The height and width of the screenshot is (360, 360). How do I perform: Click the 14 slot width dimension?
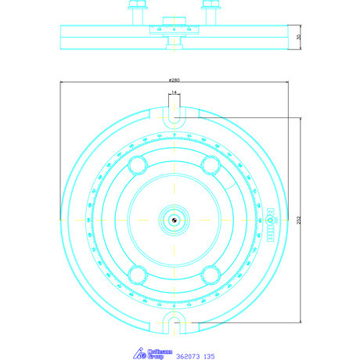coord(174,93)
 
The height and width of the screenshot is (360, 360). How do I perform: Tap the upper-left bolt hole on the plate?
coord(139,164)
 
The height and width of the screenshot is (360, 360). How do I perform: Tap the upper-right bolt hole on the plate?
coord(210,164)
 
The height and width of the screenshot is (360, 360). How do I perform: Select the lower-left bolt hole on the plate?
coord(139,275)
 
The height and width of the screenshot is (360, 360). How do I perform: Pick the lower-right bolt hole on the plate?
coord(210,275)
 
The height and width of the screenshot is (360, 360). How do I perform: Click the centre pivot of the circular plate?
coord(174,220)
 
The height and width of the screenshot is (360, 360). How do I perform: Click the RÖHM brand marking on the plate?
coord(272,220)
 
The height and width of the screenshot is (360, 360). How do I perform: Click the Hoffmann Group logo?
coord(149,354)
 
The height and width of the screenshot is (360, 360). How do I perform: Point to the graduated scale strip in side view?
coord(174,31)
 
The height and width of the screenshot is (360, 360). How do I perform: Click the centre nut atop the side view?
coord(174,20)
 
